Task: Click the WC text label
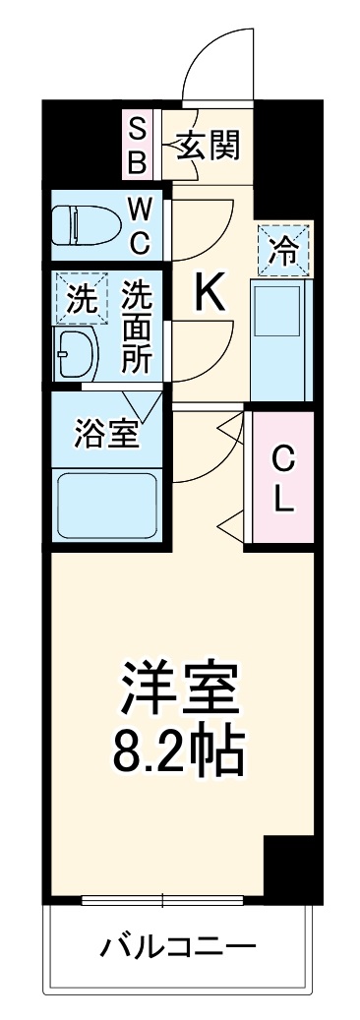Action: click(x=138, y=225)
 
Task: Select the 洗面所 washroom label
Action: click(x=138, y=326)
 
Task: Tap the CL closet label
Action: click(x=282, y=480)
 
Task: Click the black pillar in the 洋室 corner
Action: click(x=287, y=870)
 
